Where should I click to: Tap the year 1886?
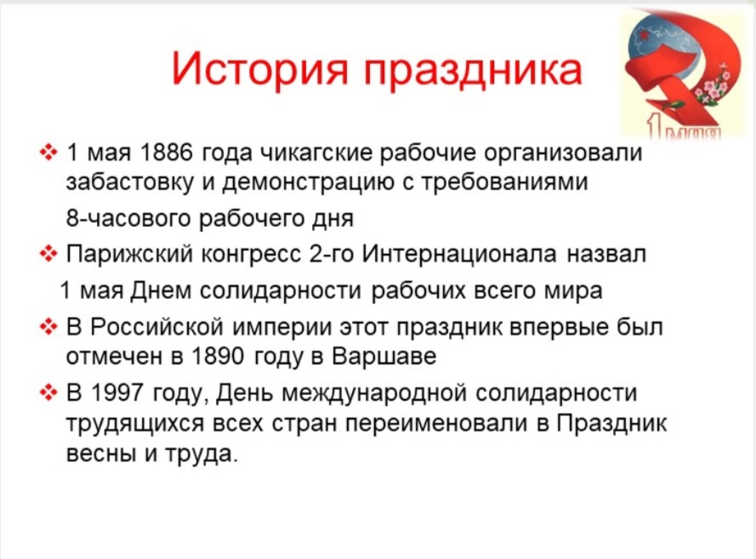166,152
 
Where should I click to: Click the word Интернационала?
459,254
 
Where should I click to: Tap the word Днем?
161,291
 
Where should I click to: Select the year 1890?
219,356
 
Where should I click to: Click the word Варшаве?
384,356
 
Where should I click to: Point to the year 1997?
117,392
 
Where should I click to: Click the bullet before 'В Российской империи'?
48,327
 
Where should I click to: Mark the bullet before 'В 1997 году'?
48,393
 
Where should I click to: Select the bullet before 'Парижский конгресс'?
48,254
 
